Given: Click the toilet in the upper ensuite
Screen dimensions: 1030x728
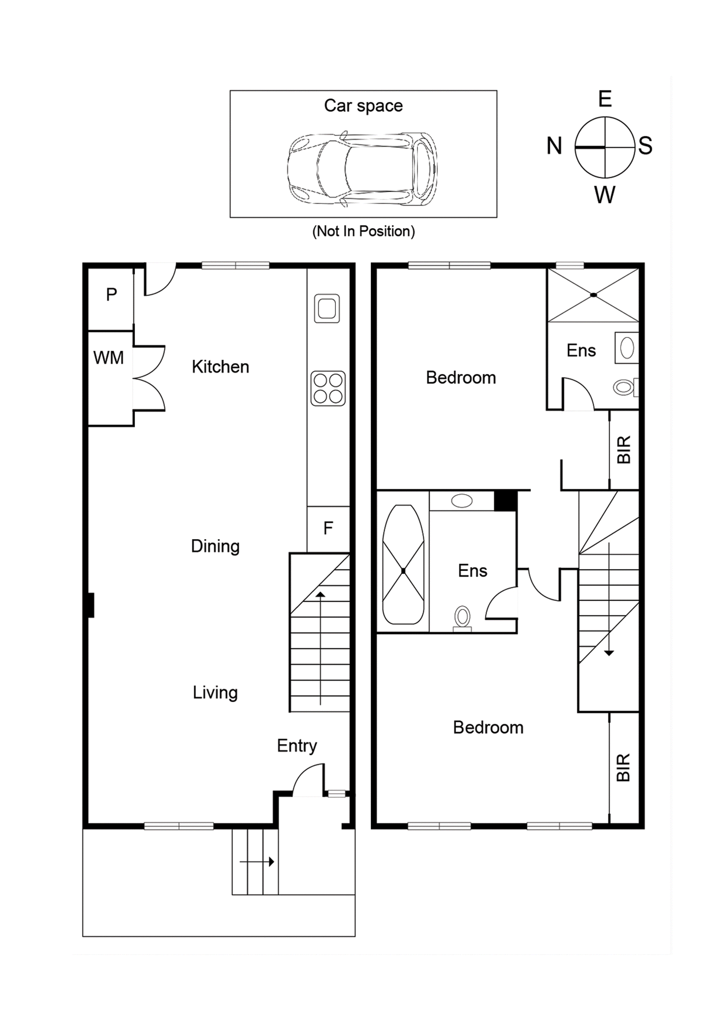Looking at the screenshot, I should click(x=624, y=386).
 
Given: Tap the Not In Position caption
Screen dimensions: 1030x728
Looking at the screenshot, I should click(x=363, y=231).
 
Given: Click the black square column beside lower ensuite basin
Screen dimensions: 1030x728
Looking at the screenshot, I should click(x=505, y=501).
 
